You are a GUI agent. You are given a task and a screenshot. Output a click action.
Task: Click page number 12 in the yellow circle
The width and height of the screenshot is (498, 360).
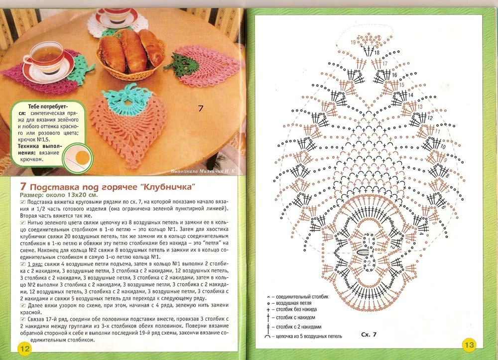[24, 348]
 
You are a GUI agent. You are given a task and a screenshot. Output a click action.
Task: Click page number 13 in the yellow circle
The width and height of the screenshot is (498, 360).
[469, 344]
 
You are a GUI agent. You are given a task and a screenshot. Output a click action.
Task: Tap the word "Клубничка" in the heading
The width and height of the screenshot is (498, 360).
[168, 187]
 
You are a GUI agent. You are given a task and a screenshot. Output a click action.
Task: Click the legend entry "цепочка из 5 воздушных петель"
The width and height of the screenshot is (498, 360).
[313, 337]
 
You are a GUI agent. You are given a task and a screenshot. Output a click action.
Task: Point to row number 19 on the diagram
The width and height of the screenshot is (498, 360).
[353, 42]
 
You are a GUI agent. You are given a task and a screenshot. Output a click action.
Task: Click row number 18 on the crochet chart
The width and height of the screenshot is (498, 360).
[377, 52]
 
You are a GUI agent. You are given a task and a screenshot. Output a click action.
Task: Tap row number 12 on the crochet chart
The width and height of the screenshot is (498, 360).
[430, 119]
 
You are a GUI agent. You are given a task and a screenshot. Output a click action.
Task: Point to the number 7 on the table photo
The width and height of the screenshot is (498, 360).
[201, 108]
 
